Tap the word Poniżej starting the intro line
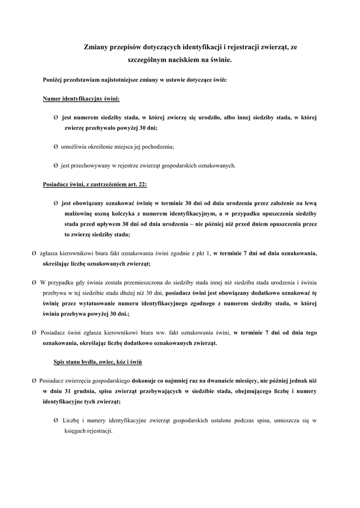(x=54, y=80)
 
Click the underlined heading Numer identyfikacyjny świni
(x=81, y=99)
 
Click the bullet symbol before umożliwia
(x=56, y=147)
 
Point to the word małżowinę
(x=76, y=213)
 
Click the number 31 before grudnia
(x=68, y=390)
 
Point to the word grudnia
(x=84, y=390)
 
